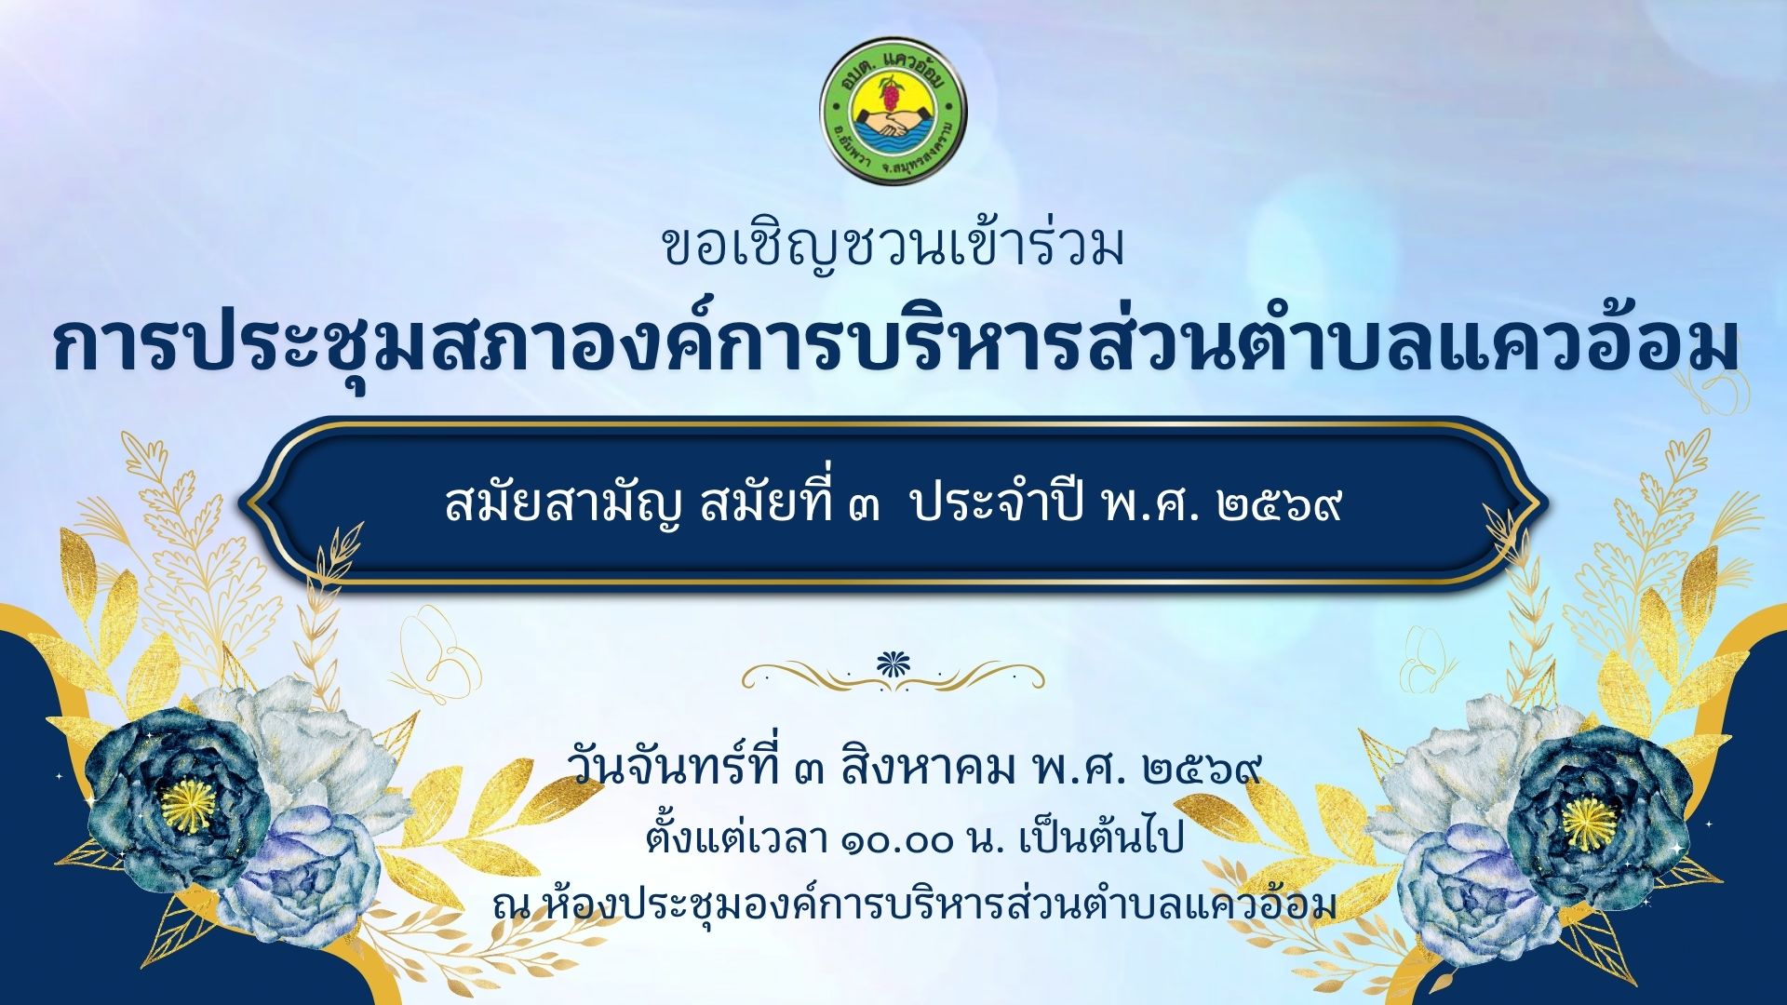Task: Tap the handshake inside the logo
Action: point(893,122)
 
